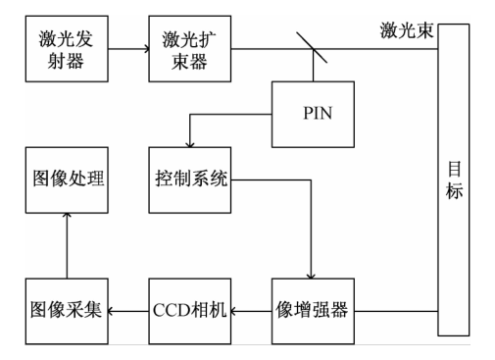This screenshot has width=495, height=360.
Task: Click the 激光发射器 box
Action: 66,49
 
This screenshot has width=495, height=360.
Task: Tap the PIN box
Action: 313,113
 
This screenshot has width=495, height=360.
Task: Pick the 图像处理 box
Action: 66,181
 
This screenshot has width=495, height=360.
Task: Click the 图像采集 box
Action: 66,311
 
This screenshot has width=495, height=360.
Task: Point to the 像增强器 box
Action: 313,311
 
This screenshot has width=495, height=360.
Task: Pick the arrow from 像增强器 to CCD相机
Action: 250,311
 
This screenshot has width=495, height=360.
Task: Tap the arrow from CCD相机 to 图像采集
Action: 127,311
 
